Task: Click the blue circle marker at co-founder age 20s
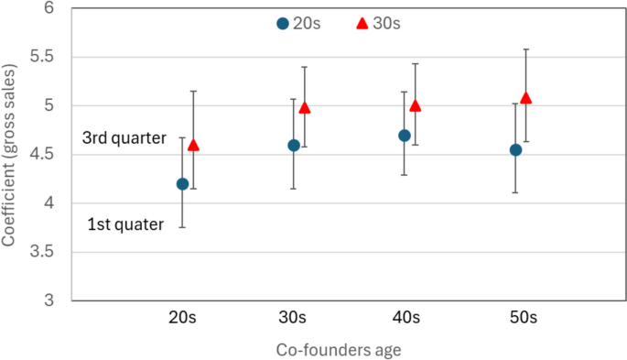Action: click(x=182, y=184)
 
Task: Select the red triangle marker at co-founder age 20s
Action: click(x=193, y=145)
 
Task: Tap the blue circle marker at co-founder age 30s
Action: click(x=294, y=145)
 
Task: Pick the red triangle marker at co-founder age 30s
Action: click(x=305, y=107)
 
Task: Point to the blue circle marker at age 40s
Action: click(x=405, y=136)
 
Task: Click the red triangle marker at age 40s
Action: click(x=415, y=105)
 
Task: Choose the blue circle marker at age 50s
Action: click(x=516, y=149)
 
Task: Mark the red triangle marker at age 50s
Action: click(x=525, y=97)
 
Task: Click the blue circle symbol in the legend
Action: click(x=283, y=24)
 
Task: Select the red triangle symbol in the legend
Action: click(x=362, y=24)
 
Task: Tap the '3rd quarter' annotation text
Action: click(x=124, y=138)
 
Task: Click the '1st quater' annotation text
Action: click(x=125, y=224)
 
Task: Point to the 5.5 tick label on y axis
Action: click(x=42, y=57)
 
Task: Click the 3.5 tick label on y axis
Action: click(x=42, y=252)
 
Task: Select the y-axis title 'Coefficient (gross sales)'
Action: click(x=10, y=155)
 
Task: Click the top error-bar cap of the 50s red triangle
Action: click(x=525, y=49)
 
